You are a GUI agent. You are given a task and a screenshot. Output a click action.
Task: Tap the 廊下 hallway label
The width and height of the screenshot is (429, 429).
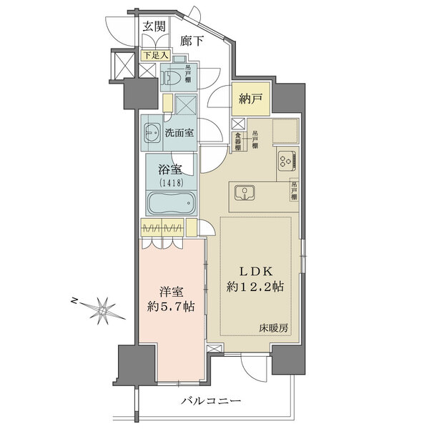click(191, 41)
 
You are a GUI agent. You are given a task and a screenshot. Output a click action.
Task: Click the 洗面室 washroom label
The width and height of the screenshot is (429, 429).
click(179, 132)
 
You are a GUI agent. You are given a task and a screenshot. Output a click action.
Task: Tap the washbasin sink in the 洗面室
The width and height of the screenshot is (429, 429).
click(153, 132)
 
